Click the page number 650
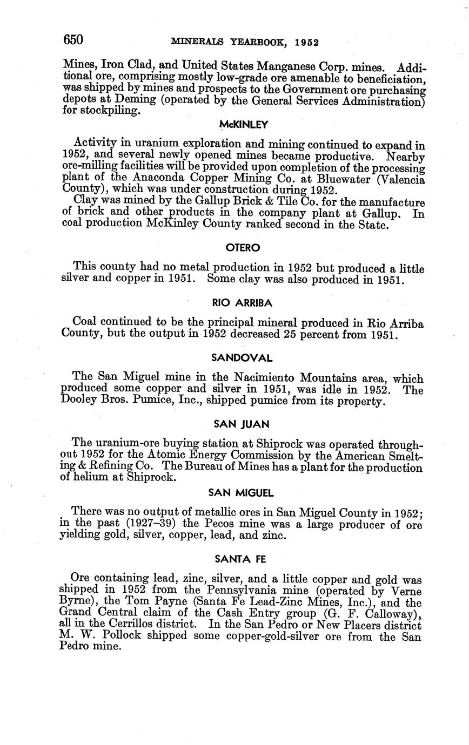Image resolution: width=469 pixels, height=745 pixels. pyautogui.click(x=73, y=40)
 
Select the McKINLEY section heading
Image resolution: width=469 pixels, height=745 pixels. pyautogui.click(x=243, y=125)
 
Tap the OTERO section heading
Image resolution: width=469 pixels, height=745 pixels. pyautogui.click(x=243, y=248)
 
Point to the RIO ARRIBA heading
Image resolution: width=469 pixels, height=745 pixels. pyautogui.click(x=243, y=303)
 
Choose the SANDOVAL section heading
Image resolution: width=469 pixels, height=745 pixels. pyautogui.click(x=242, y=358)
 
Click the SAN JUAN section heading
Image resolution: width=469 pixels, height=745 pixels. pyautogui.click(x=242, y=424)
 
